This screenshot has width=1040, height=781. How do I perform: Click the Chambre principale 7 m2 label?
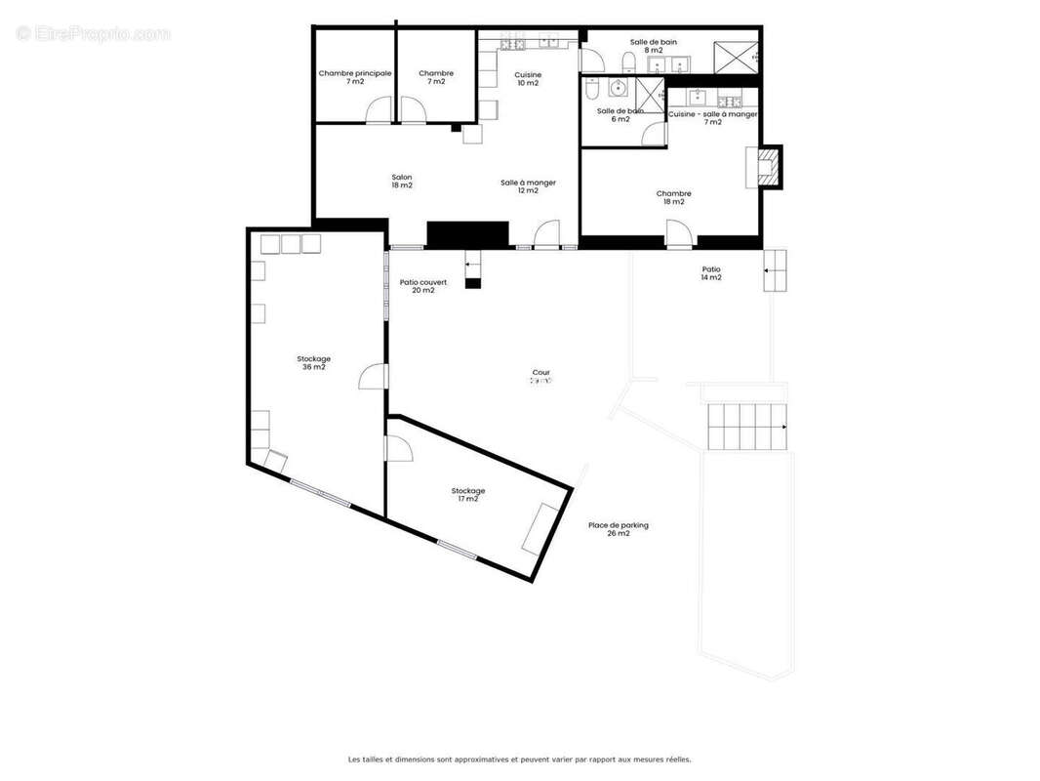354,77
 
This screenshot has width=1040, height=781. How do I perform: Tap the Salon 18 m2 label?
401,181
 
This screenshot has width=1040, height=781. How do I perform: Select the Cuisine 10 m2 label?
528,79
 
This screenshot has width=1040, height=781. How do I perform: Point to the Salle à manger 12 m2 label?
528,186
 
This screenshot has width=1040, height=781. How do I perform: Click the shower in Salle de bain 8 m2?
736,57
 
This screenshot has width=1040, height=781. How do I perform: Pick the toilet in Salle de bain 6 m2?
591,89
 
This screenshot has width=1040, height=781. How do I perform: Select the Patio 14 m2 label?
711,273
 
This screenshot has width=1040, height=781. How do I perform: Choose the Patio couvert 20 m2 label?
423,286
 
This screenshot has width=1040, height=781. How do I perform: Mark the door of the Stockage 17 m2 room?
398,448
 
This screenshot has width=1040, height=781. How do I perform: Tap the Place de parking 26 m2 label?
618,529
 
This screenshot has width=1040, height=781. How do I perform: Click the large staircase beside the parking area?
746,427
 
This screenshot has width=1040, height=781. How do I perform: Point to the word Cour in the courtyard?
540,372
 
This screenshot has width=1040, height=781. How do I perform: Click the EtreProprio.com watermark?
94,34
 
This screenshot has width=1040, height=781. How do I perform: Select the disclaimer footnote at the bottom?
519,759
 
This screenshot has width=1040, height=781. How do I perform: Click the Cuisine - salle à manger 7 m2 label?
712,118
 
